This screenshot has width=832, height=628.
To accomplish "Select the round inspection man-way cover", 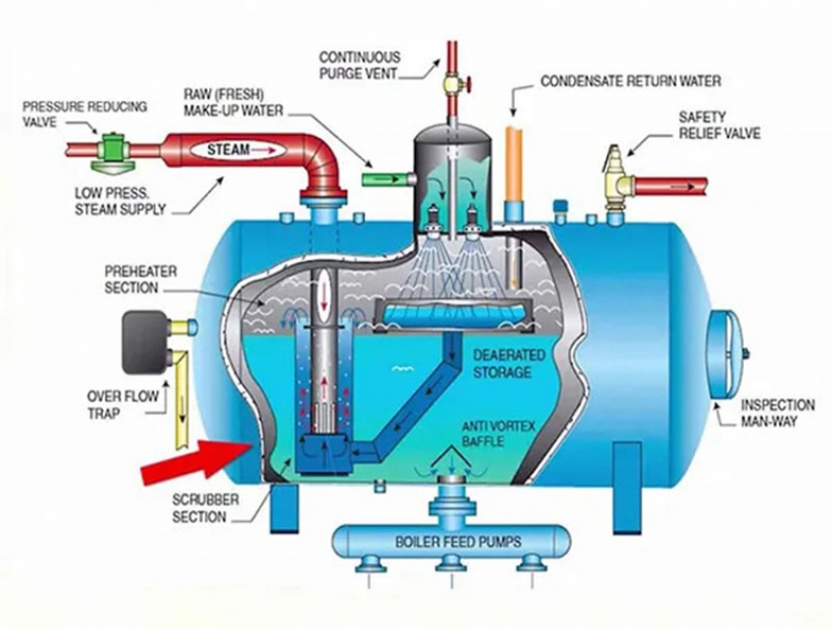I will (x=727, y=353).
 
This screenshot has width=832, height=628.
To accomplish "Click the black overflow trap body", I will (x=146, y=342).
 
